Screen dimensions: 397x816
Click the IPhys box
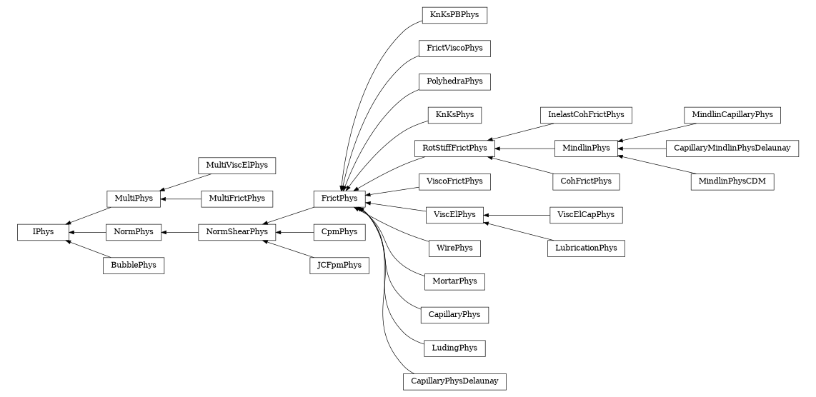[x=43, y=232]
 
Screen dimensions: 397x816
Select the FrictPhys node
[x=339, y=198]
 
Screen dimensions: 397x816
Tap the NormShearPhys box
[x=237, y=232]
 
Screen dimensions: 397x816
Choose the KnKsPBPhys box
[x=454, y=15]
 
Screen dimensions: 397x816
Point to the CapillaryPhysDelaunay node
[x=454, y=381]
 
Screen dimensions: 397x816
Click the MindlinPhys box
[x=586, y=149]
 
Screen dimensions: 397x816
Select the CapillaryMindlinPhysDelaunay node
[x=732, y=149]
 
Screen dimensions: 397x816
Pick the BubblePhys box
[x=134, y=266]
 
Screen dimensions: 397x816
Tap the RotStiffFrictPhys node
[x=454, y=149]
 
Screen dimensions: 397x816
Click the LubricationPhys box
[x=586, y=248]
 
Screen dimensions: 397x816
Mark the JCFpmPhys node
[x=339, y=266]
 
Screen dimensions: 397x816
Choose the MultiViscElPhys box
[x=237, y=165]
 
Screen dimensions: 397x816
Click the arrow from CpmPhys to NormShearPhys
[x=295, y=232]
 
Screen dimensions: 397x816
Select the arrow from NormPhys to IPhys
[x=87, y=232]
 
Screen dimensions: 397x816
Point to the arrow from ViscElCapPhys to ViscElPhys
[x=517, y=215]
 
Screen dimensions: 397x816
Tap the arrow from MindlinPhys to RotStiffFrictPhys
[x=524, y=149]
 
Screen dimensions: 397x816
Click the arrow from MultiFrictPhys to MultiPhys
[x=180, y=198]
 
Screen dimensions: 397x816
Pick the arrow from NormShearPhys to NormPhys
[x=180, y=232]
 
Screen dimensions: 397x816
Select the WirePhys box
[x=454, y=248]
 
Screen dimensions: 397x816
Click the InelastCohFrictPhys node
[x=586, y=114]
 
